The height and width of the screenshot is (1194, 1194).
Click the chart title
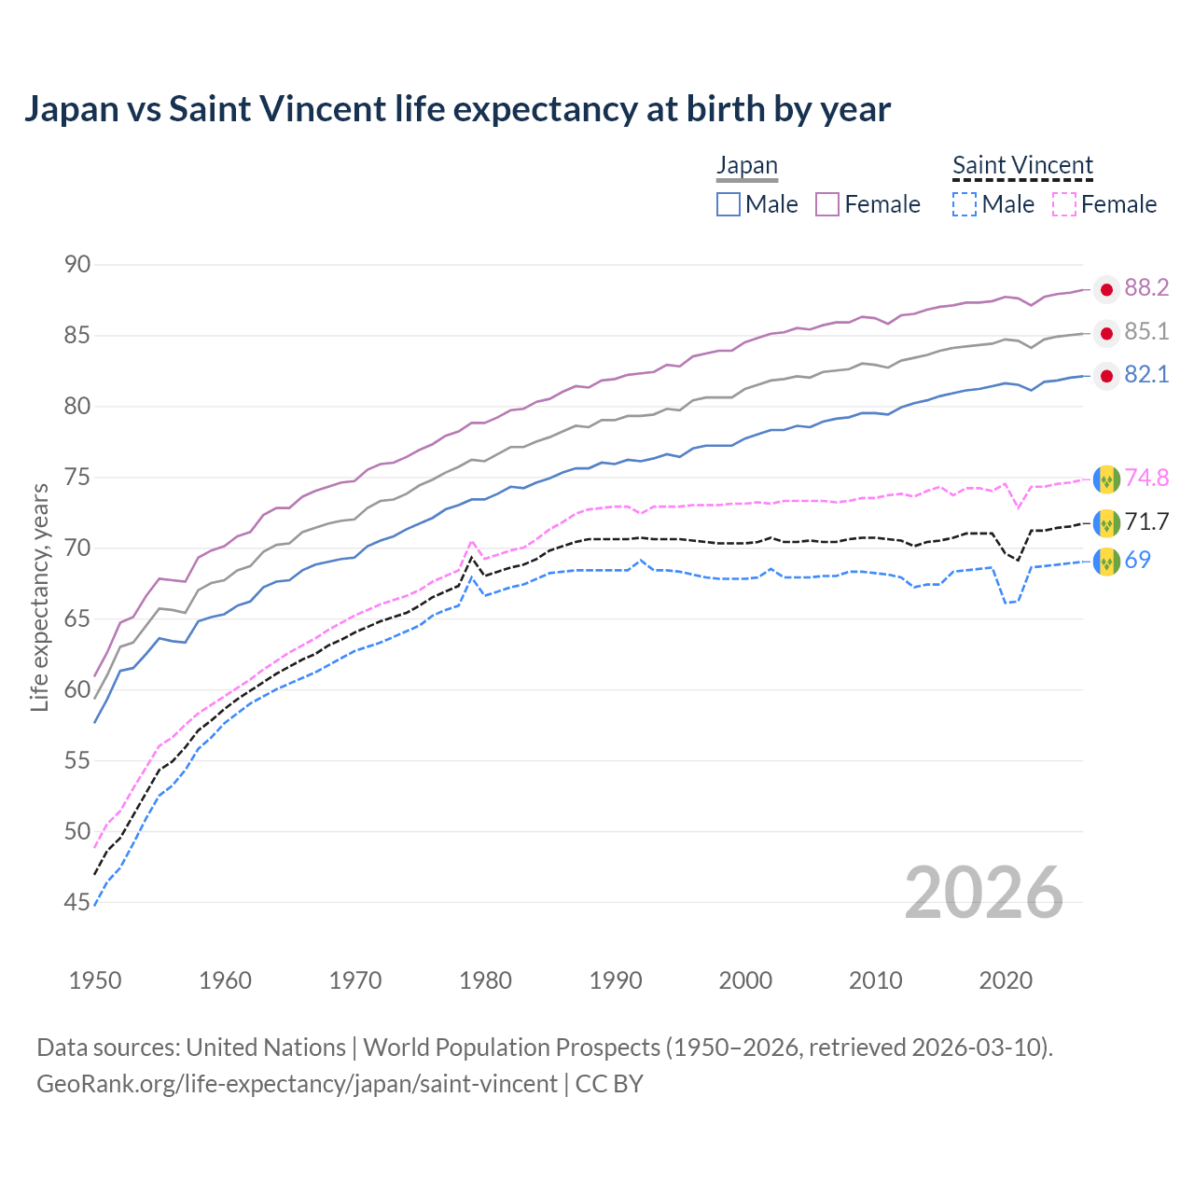click(x=457, y=109)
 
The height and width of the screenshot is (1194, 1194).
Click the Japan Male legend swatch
click(x=729, y=204)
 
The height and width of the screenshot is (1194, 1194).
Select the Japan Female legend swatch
click(x=827, y=204)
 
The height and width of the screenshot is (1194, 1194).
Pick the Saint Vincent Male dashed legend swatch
click(x=965, y=204)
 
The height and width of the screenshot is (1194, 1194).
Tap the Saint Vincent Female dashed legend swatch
click(x=1064, y=204)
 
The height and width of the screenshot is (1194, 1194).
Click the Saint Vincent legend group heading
click(x=1022, y=165)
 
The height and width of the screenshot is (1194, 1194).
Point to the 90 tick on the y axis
click(x=77, y=265)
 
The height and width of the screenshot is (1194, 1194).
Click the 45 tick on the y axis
click(x=77, y=902)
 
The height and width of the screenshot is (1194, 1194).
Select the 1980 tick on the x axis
click(x=485, y=980)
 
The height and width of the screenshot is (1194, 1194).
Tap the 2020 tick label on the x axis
click(x=1006, y=980)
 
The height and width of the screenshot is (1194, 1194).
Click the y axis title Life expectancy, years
click(x=39, y=597)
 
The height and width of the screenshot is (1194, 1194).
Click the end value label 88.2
click(x=1146, y=288)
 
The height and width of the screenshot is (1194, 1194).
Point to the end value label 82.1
click(x=1146, y=375)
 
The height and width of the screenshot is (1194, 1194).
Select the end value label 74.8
click(x=1146, y=479)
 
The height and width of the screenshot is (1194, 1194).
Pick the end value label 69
click(x=1138, y=561)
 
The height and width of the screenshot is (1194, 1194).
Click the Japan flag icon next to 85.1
click(x=1106, y=333)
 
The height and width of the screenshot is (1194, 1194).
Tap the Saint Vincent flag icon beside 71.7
click(x=1106, y=522)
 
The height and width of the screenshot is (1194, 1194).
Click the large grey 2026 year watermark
click(x=984, y=894)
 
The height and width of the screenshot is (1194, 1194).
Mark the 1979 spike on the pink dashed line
click(x=472, y=540)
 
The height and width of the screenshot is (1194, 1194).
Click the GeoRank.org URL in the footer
click(x=297, y=1084)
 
